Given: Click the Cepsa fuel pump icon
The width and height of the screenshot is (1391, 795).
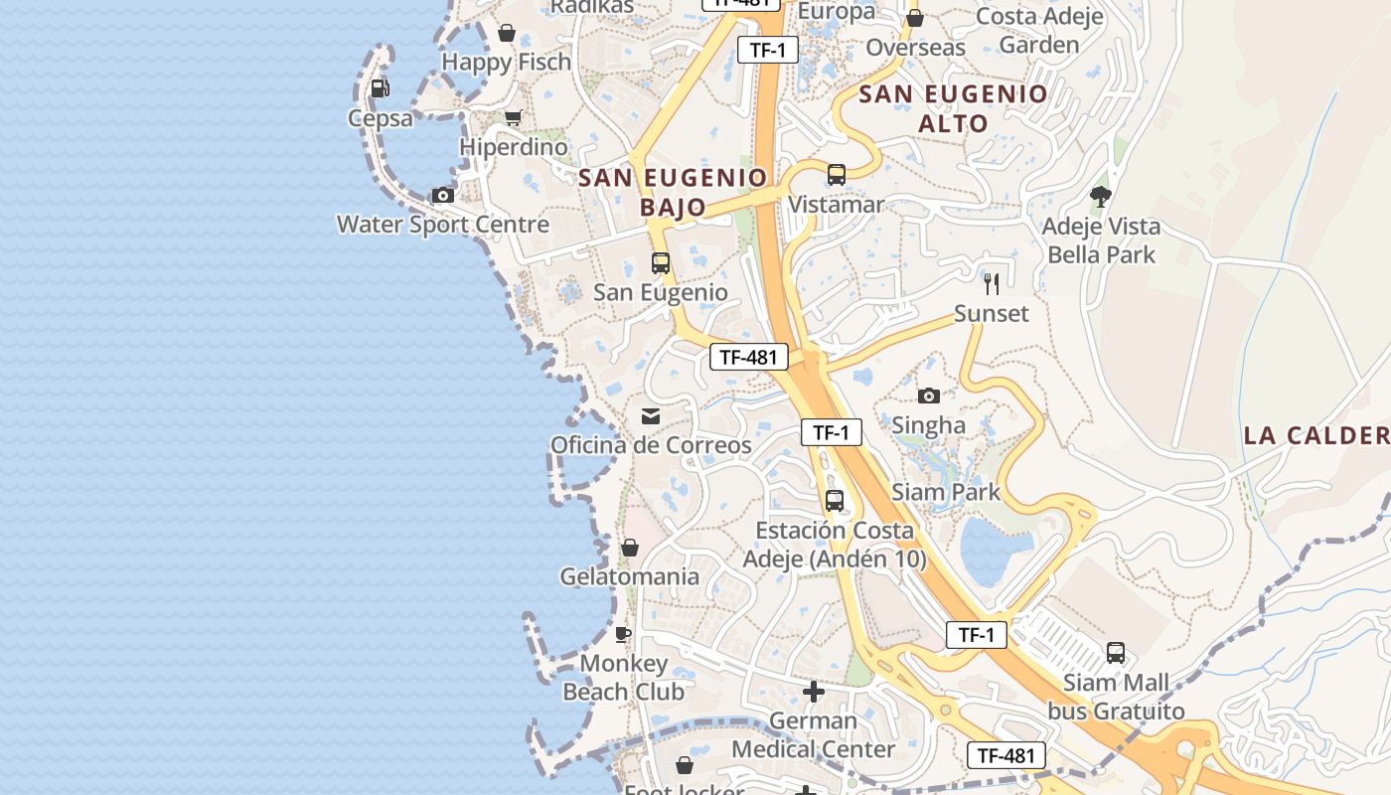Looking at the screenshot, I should pos(380,88).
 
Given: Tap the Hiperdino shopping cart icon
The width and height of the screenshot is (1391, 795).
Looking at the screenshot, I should pos(513,118).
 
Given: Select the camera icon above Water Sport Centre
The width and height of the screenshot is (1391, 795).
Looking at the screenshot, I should pos(443,196).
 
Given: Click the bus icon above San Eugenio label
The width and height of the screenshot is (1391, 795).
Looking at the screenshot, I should pos(661,263).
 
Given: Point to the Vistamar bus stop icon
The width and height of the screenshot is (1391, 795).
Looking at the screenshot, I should pos(837,176).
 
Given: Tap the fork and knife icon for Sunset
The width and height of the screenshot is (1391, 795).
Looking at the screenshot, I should pos(992,284).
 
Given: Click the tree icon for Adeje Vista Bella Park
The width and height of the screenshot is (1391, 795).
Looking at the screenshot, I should pos(1100,197).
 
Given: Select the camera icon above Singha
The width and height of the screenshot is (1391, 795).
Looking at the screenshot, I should pos(929,397).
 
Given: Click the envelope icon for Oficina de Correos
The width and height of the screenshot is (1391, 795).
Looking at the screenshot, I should pos(651,416).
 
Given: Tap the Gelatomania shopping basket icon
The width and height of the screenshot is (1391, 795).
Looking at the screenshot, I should pos(629,548).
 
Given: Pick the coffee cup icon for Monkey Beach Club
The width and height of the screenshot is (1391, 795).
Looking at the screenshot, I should pos(623,634).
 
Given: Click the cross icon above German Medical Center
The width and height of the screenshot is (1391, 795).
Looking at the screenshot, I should pos(814,692).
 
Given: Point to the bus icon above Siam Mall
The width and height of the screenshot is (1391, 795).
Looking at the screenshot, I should pos(1116,653).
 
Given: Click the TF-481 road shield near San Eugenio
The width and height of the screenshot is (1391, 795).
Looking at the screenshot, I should pos(749,358).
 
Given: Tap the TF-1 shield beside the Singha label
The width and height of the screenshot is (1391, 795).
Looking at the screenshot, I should pos(831,432).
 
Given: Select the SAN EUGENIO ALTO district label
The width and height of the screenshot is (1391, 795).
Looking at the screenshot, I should pos(953,108).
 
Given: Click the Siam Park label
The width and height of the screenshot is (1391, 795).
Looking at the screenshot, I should pos(946,492).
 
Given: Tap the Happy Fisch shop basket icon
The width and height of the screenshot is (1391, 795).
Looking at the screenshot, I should pos(507,33).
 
